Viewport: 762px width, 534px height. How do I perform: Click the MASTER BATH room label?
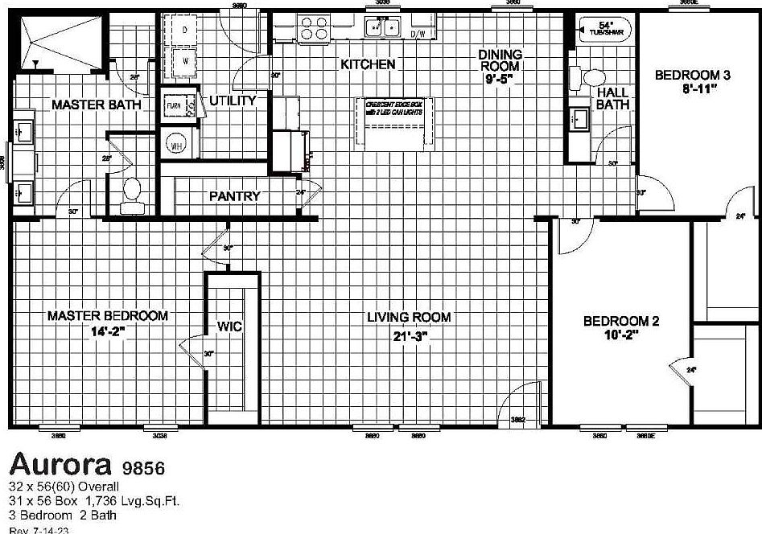(96, 105)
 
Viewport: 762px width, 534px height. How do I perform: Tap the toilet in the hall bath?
(594, 78)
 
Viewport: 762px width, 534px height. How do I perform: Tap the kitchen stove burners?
(315, 29)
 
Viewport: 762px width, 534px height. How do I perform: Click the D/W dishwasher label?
(418, 35)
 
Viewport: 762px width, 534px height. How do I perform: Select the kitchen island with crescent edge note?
(393, 122)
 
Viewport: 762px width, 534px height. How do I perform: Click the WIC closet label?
(230, 327)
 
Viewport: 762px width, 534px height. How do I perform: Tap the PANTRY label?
(234, 196)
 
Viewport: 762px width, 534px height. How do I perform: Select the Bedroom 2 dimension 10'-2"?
(621, 335)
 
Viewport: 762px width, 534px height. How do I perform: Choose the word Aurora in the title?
(61, 464)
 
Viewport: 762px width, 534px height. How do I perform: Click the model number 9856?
(145, 467)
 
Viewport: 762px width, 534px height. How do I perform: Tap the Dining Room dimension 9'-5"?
(500, 79)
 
